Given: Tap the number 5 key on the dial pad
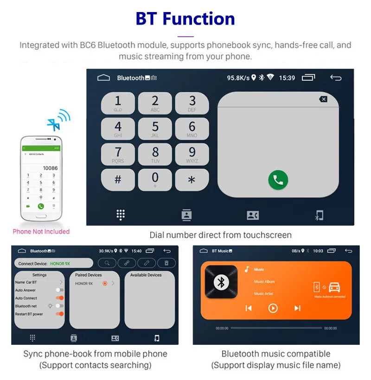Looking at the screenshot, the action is click(x=155, y=129).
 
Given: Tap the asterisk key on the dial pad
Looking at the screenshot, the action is click(x=192, y=180).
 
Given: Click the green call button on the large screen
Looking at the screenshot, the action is click(x=278, y=180).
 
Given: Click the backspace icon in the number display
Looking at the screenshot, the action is click(x=323, y=99).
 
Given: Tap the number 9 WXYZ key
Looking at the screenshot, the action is click(x=192, y=154).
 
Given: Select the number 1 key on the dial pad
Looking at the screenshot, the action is click(x=118, y=103).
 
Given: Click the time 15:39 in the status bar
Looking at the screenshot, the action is click(x=287, y=78).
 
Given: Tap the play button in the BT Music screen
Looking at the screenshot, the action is click(x=273, y=308).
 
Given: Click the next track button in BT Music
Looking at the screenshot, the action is click(x=297, y=308).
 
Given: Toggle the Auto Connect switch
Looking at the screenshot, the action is click(x=59, y=298).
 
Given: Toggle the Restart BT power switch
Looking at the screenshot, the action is click(x=59, y=314).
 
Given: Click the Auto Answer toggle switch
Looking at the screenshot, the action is click(x=59, y=290).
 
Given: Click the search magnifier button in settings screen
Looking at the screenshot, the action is click(x=107, y=263).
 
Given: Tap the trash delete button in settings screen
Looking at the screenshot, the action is click(x=166, y=263).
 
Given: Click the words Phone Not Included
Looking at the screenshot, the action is click(x=41, y=232).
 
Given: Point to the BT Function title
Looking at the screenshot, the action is click(x=185, y=19).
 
